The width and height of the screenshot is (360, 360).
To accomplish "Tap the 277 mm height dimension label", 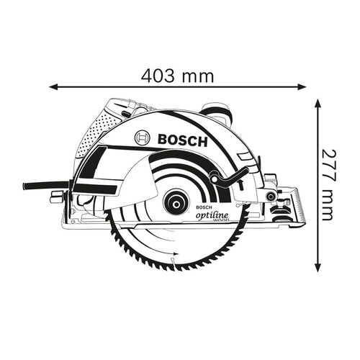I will coord(330,186).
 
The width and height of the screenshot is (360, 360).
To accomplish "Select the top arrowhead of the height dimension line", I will coord(318,103).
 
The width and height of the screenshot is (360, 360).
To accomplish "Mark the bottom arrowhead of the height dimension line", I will coord(318,269).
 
